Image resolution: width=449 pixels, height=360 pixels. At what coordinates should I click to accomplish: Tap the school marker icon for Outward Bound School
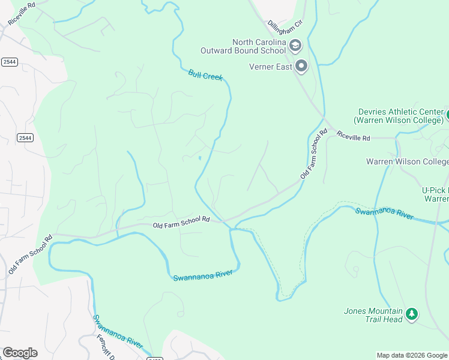pyautogui.click(x=295, y=45)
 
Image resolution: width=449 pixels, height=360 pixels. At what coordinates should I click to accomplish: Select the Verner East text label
pyautogui.click(x=271, y=67)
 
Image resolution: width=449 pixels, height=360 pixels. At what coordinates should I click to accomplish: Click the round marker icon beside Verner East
pyautogui.click(x=301, y=66)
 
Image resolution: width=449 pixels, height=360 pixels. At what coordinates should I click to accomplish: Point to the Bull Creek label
pyautogui.click(x=205, y=75)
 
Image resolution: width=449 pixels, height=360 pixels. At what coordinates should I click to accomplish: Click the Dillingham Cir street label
pyautogui.click(x=283, y=29)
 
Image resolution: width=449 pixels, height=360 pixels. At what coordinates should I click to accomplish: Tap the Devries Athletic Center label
pyautogui.click(x=400, y=116)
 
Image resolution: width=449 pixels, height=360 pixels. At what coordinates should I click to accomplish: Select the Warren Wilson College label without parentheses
pyautogui.click(x=407, y=161)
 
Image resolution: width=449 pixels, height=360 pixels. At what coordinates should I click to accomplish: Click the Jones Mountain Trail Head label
pyautogui.click(x=373, y=315)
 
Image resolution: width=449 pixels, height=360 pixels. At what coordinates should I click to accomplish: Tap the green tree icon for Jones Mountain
pyautogui.click(x=411, y=314)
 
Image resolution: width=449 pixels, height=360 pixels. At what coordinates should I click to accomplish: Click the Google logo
pyautogui.click(x=20, y=353)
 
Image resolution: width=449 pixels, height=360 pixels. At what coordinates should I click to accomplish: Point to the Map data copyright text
pyautogui.click(x=412, y=355)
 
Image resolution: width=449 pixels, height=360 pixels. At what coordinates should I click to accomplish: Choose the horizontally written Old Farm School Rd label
pyautogui.click(x=181, y=221)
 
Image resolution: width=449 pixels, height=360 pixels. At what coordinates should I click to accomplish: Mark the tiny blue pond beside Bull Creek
pyautogui.click(x=199, y=158)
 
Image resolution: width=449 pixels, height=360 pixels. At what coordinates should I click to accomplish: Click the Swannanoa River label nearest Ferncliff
pyautogui.click(x=118, y=332)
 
